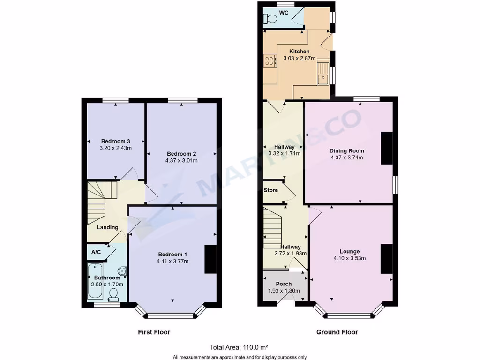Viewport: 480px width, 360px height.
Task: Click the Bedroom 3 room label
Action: [115, 141]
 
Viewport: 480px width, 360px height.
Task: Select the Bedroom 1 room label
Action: [173, 255]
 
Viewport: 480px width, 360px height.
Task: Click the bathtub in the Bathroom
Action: [94, 281]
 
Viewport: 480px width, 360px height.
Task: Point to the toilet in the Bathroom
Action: [113, 293]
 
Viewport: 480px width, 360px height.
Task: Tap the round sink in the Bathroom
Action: [122, 270]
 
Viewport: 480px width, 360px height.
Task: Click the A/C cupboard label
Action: [96, 252]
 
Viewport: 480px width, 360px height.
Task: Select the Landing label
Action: [107, 227]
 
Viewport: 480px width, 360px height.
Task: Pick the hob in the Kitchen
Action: [270, 60]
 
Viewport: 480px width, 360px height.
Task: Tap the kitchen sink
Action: [323, 75]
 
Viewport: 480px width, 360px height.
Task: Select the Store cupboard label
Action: [271, 190]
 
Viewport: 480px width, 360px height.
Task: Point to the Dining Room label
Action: [346, 151]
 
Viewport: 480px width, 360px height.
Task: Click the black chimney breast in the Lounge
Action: [387, 259]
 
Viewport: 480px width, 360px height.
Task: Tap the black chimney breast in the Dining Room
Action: [387, 148]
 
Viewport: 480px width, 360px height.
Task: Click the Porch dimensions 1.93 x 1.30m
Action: [284, 291]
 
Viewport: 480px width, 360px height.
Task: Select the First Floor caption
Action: [154, 332]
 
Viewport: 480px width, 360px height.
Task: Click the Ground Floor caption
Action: [337, 332]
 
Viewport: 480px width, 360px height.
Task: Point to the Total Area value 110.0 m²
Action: [255, 347]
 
